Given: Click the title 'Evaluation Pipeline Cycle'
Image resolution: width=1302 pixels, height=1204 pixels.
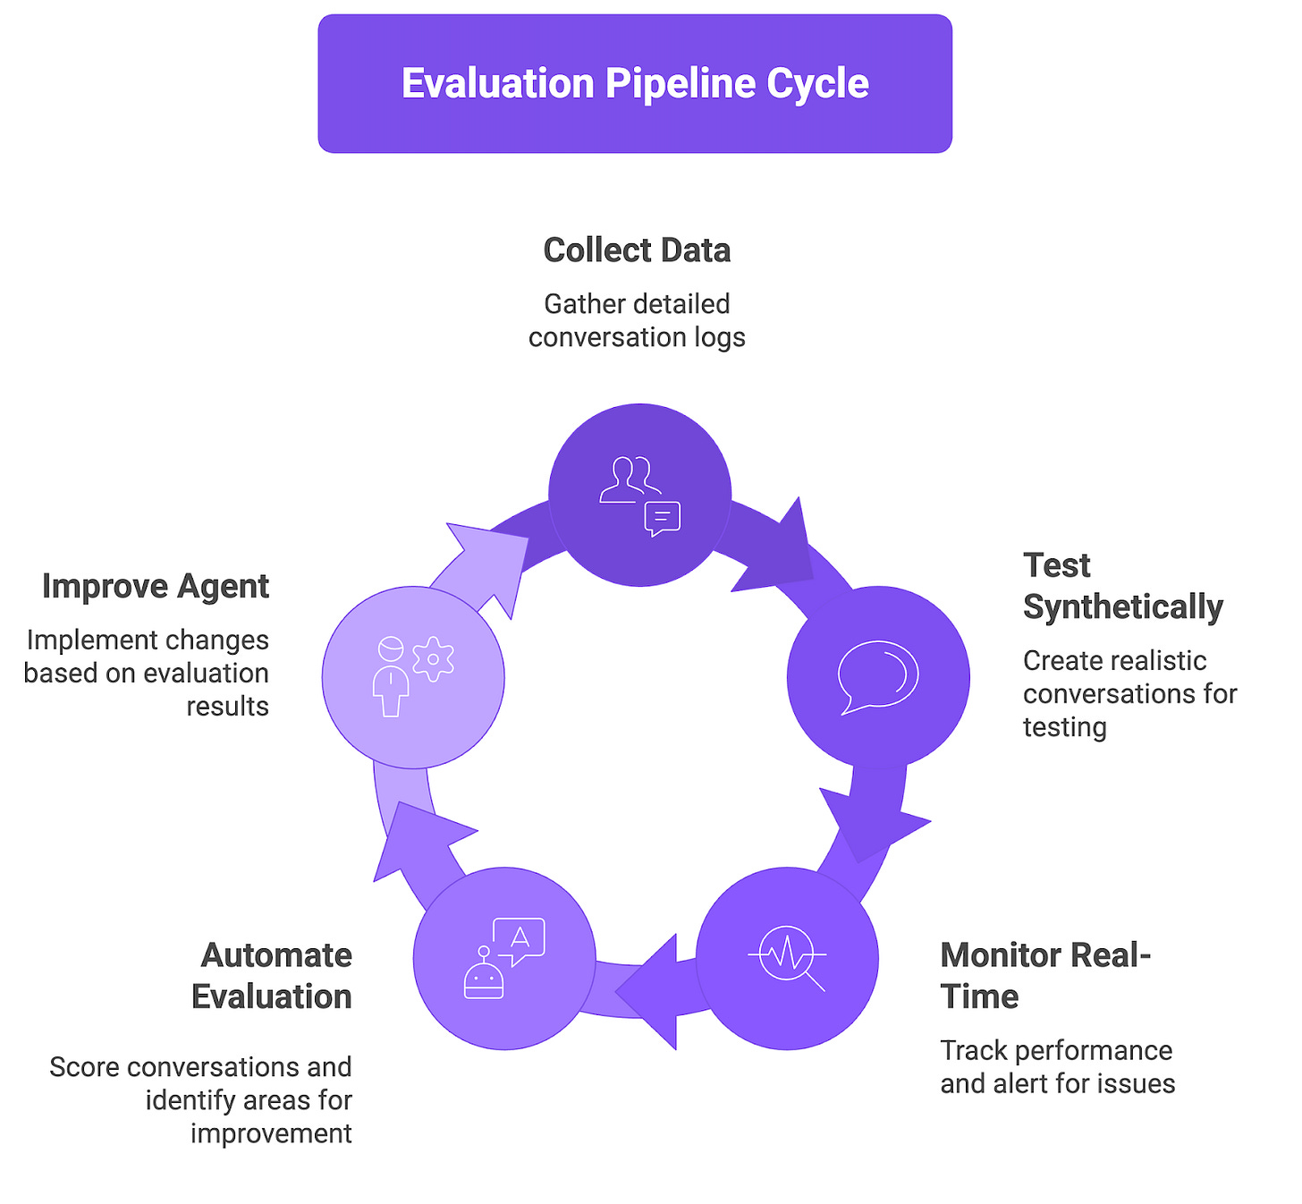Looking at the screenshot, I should (635, 83).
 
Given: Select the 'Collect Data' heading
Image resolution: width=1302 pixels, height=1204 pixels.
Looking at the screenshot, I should (637, 250).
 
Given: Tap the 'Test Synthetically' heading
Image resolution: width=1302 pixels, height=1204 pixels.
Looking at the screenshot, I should (1122, 586).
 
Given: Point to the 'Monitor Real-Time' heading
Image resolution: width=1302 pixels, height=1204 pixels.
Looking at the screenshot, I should (1044, 976).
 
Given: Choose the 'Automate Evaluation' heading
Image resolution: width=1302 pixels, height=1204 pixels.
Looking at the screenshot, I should (273, 976).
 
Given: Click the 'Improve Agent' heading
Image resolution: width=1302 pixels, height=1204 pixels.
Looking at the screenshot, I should (156, 587).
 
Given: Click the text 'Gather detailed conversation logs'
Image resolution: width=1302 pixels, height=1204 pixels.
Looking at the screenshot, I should (637, 320).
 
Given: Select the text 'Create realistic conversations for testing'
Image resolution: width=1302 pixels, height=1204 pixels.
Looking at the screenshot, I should (1129, 693).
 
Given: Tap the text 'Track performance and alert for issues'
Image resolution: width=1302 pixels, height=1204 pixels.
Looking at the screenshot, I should (1057, 1067).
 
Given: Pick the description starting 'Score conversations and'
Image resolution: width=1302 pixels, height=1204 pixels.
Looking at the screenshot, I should (201, 1099).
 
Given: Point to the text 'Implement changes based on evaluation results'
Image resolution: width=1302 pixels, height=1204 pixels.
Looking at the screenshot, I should (148, 673).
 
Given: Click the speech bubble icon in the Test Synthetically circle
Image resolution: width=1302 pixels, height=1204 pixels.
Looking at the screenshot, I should (877, 676).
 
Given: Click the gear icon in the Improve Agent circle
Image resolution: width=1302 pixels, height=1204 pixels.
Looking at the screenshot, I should (434, 659).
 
